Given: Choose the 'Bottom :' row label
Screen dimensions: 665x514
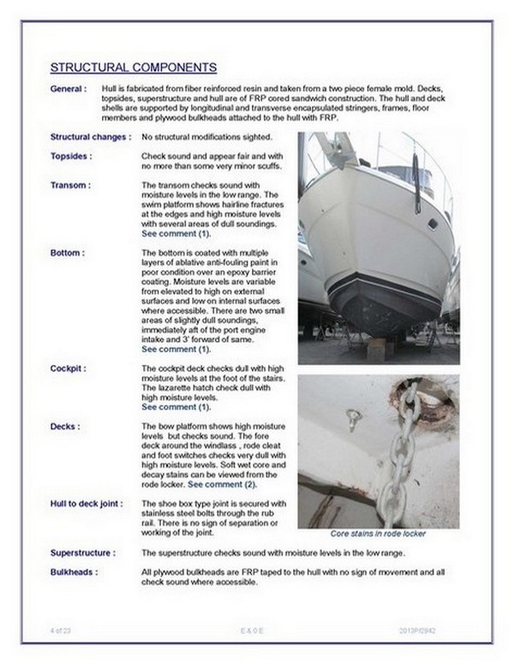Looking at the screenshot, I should point(68,254).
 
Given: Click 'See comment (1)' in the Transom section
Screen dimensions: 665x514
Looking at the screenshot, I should point(175,234).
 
